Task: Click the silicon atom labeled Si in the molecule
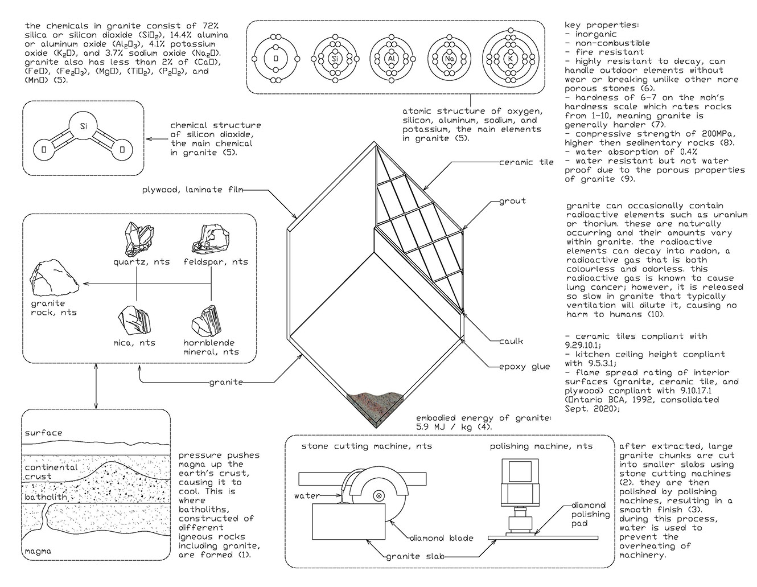tap(84, 124)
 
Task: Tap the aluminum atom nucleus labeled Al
tap(392, 59)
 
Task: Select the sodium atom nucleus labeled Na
tap(448, 59)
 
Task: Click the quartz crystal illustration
tap(139, 239)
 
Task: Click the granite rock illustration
tap(50, 278)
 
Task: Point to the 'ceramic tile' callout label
tap(526, 162)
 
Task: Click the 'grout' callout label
tap(512, 201)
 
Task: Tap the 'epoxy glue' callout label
tap(519, 366)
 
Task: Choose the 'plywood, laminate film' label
tap(194, 190)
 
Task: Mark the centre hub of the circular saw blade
tap(377, 496)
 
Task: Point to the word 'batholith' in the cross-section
tap(46, 498)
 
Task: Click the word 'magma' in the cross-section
tap(38, 551)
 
